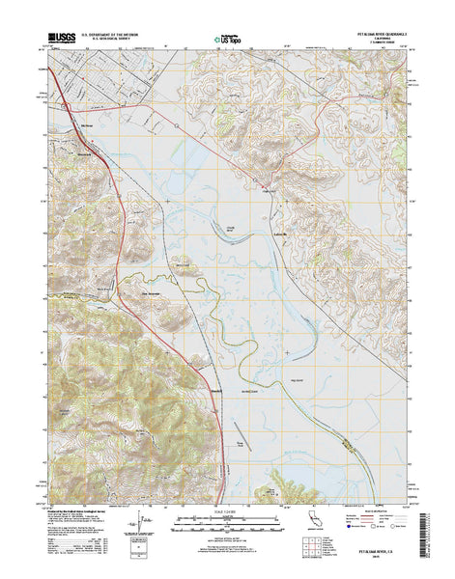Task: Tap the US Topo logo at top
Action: coord(226,41)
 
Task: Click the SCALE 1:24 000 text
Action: coord(226,510)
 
